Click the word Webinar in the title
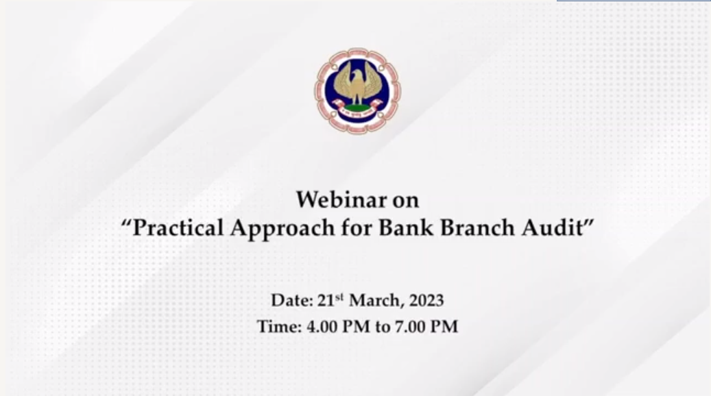[x=341, y=199]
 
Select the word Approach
[x=282, y=229]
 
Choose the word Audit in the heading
[x=552, y=227]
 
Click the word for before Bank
[x=357, y=227]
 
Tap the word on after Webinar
[x=406, y=201]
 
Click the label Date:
[x=292, y=300]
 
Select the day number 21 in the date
[x=326, y=300]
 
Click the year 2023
[x=426, y=300]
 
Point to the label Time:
[x=279, y=327]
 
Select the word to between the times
[x=383, y=327]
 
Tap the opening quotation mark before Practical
[x=125, y=222]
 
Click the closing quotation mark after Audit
[x=589, y=222]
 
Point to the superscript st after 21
[x=339, y=297]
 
